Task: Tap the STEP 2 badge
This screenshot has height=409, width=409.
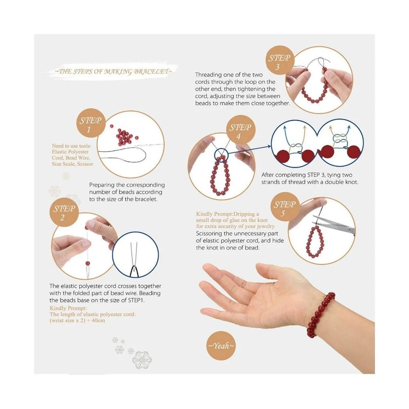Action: pos(64,212)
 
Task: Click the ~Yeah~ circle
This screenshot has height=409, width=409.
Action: pos(221,346)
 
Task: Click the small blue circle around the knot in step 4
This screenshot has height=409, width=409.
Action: pos(221,155)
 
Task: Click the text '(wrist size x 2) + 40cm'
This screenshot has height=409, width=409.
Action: pos(77,320)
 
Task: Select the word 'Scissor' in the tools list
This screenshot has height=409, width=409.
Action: pos(85,164)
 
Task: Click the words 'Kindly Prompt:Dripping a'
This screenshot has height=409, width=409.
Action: pos(227,214)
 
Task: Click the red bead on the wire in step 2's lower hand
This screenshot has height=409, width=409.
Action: pos(88,263)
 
